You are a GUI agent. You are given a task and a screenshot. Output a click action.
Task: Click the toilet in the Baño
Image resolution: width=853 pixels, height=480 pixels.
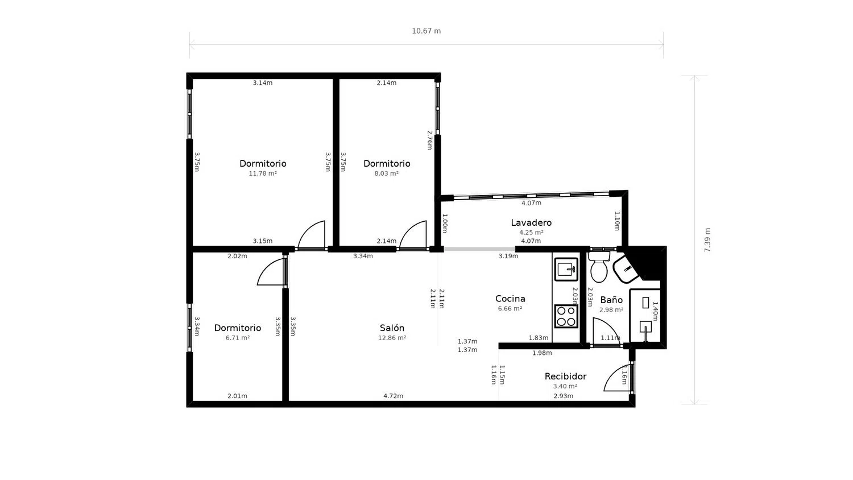[x=599, y=267]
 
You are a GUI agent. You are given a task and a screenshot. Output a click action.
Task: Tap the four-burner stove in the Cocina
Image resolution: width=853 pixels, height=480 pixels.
[x=566, y=316]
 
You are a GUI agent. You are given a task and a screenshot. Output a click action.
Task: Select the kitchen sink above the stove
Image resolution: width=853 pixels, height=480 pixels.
[x=566, y=270]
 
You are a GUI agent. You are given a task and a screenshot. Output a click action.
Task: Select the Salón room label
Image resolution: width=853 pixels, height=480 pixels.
[x=392, y=328]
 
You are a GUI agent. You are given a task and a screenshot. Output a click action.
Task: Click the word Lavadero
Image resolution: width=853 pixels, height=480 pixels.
[x=531, y=222]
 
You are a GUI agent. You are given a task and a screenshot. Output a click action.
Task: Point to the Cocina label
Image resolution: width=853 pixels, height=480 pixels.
[x=510, y=299]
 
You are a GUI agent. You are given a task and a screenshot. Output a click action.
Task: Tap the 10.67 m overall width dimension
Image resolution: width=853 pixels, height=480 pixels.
[x=426, y=31]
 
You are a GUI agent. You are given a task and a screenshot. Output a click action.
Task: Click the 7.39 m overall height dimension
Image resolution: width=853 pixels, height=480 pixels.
[x=707, y=240]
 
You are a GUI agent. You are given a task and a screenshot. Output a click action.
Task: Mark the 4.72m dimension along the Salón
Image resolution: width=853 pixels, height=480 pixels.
[x=393, y=396]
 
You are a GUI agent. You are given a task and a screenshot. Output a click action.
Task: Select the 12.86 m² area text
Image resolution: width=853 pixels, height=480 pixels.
[x=392, y=338]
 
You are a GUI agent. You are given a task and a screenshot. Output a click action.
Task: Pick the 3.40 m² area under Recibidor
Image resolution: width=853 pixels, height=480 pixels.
[x=565, y=386]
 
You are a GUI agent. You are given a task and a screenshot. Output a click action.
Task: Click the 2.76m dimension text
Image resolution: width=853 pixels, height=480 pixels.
[x=429, y=140]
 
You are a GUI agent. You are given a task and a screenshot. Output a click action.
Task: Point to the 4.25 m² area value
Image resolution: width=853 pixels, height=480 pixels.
[x=531, y=233]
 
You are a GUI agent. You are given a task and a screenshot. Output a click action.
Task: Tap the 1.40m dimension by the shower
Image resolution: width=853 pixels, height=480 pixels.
[x=655, y=311]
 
